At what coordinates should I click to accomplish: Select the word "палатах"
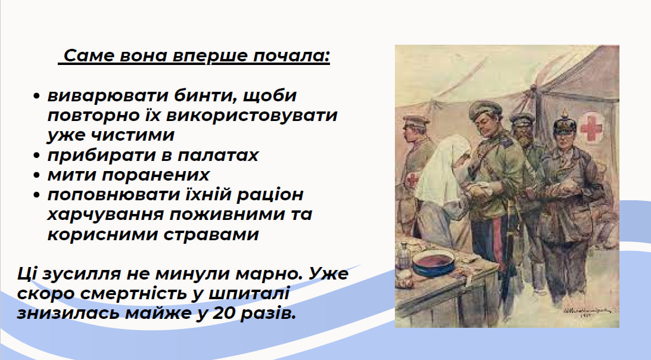218,156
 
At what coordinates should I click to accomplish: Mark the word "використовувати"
251,116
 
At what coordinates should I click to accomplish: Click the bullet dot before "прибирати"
36,156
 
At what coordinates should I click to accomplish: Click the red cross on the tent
590,128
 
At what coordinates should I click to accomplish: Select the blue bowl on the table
432,263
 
